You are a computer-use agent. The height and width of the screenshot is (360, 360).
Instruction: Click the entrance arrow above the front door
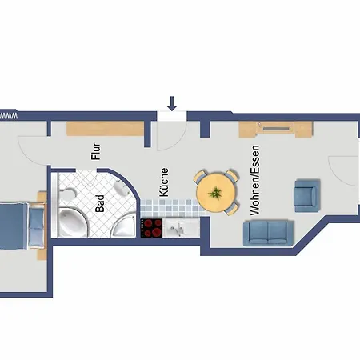pyautogui.click(x=172, y=104)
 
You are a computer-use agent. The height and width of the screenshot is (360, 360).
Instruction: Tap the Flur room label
pyautogui.click(x=96, y=152)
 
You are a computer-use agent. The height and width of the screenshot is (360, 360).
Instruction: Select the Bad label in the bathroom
pyautogui.click(x=100, y=203)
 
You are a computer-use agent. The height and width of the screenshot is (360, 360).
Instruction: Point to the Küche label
pyautogui.click(x=164, y=182)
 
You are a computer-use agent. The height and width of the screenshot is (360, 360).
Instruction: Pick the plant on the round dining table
pyautogui.click(x=215, y=192)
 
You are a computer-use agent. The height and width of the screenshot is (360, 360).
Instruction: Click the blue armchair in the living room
pyautogui.click(x=306, y=194)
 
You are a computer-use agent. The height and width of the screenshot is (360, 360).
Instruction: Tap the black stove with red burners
pyautogui.click(x=152, y=228)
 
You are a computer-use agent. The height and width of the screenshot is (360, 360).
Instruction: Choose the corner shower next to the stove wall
pyautogui.click(x=124, y=226)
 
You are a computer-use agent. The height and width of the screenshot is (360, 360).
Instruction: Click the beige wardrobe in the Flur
pyautogui.click(x=106, y=128)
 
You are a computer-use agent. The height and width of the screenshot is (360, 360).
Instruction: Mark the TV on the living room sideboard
pyautogui.click(x=278, y=126)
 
